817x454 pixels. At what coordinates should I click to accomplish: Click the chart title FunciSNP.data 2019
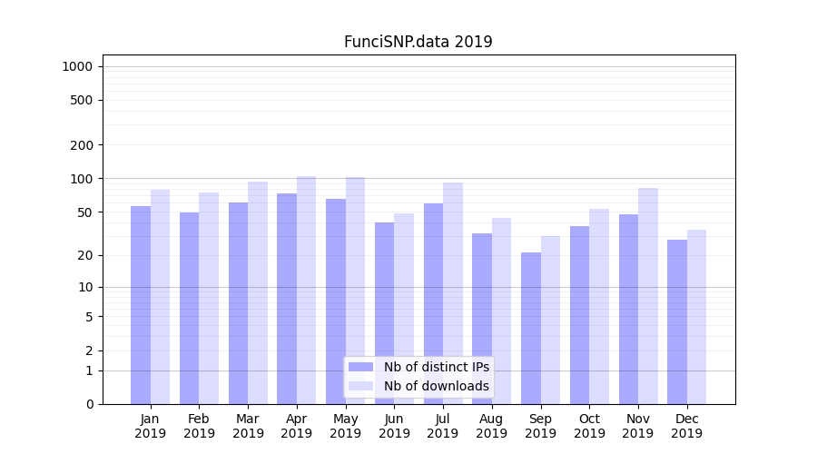(x=418, y=42)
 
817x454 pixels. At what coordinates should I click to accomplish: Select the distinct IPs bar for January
(x=141, y=304)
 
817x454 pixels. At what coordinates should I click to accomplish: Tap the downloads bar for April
(x=307, y=291)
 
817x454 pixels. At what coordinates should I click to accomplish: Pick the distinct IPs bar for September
(x=531, y=328)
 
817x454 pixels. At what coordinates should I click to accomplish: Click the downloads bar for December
(x=697, y=317)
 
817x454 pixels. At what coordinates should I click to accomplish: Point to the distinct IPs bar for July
(x=433, y=303)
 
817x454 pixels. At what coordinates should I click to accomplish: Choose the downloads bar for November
(x=648, y=296)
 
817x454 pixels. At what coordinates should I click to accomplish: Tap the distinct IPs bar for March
(x=238, y=303)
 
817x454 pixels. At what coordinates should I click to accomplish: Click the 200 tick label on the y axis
(x=82, y=145)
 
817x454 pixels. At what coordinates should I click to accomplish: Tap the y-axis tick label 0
(x=89, y=404)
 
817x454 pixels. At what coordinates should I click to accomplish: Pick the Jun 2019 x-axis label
(x=394, y=426)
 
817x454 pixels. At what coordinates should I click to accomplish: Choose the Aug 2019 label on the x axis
(x=491, y=426)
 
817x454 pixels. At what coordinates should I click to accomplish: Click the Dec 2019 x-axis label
(x=686, y=426)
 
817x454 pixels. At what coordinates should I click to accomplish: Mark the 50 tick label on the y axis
(x=85, y=212)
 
